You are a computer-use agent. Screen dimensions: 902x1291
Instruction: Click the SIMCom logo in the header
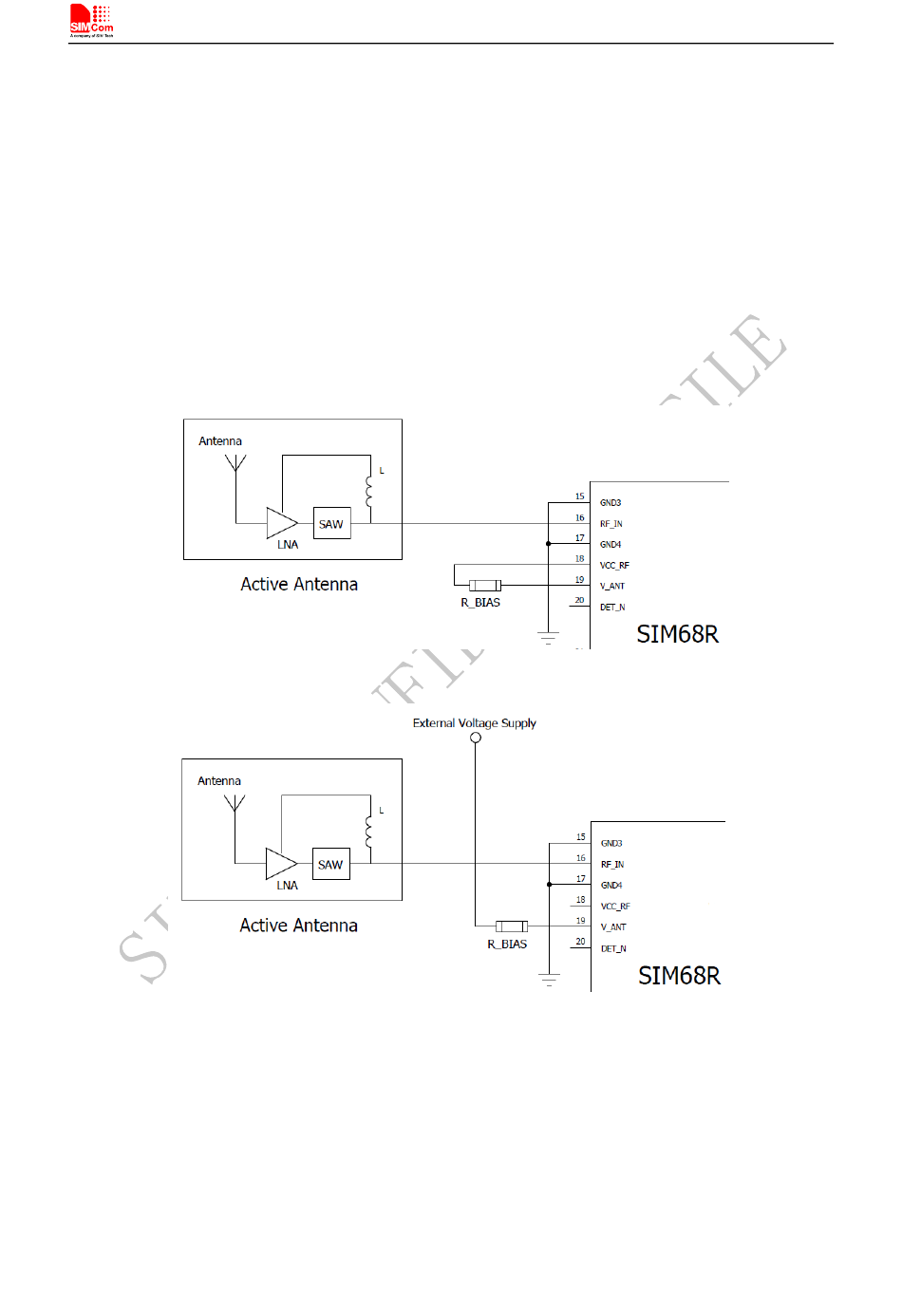(x=91, y=20)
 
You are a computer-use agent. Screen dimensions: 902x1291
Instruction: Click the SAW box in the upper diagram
(x=331, y=524)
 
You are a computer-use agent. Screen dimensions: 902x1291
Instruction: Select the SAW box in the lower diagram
(x=330, y=865)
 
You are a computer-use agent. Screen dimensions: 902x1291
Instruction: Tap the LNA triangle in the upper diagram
(x=281, y=523)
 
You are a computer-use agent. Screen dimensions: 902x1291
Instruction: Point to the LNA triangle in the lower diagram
(x=280, y=864)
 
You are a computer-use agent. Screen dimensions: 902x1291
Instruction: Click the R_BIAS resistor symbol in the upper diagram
(x=485, y=586)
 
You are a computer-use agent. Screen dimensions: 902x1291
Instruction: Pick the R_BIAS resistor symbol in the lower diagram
(x=512, y=926)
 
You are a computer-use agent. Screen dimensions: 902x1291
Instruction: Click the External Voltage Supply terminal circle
(x=476, y=738)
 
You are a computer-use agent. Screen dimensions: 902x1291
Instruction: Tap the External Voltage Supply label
(x=474, y=723)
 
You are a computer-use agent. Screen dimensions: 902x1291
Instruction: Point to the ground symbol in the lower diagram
(x=549, y=979)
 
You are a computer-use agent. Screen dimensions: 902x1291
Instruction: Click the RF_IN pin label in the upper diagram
(x=611, y=524)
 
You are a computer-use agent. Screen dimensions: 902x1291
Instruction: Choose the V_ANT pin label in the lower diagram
(x=613, y=927)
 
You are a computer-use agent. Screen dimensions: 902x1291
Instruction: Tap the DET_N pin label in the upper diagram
(x=612, y=608)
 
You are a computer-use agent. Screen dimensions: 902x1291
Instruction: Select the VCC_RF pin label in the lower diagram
(x=615, y=907)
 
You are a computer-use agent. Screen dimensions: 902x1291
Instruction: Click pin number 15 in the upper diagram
(x=580, y=496)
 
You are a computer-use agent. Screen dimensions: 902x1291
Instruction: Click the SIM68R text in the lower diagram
(x=679, y=976)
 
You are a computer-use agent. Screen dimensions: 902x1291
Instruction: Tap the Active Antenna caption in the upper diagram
(x=299, y=585)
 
